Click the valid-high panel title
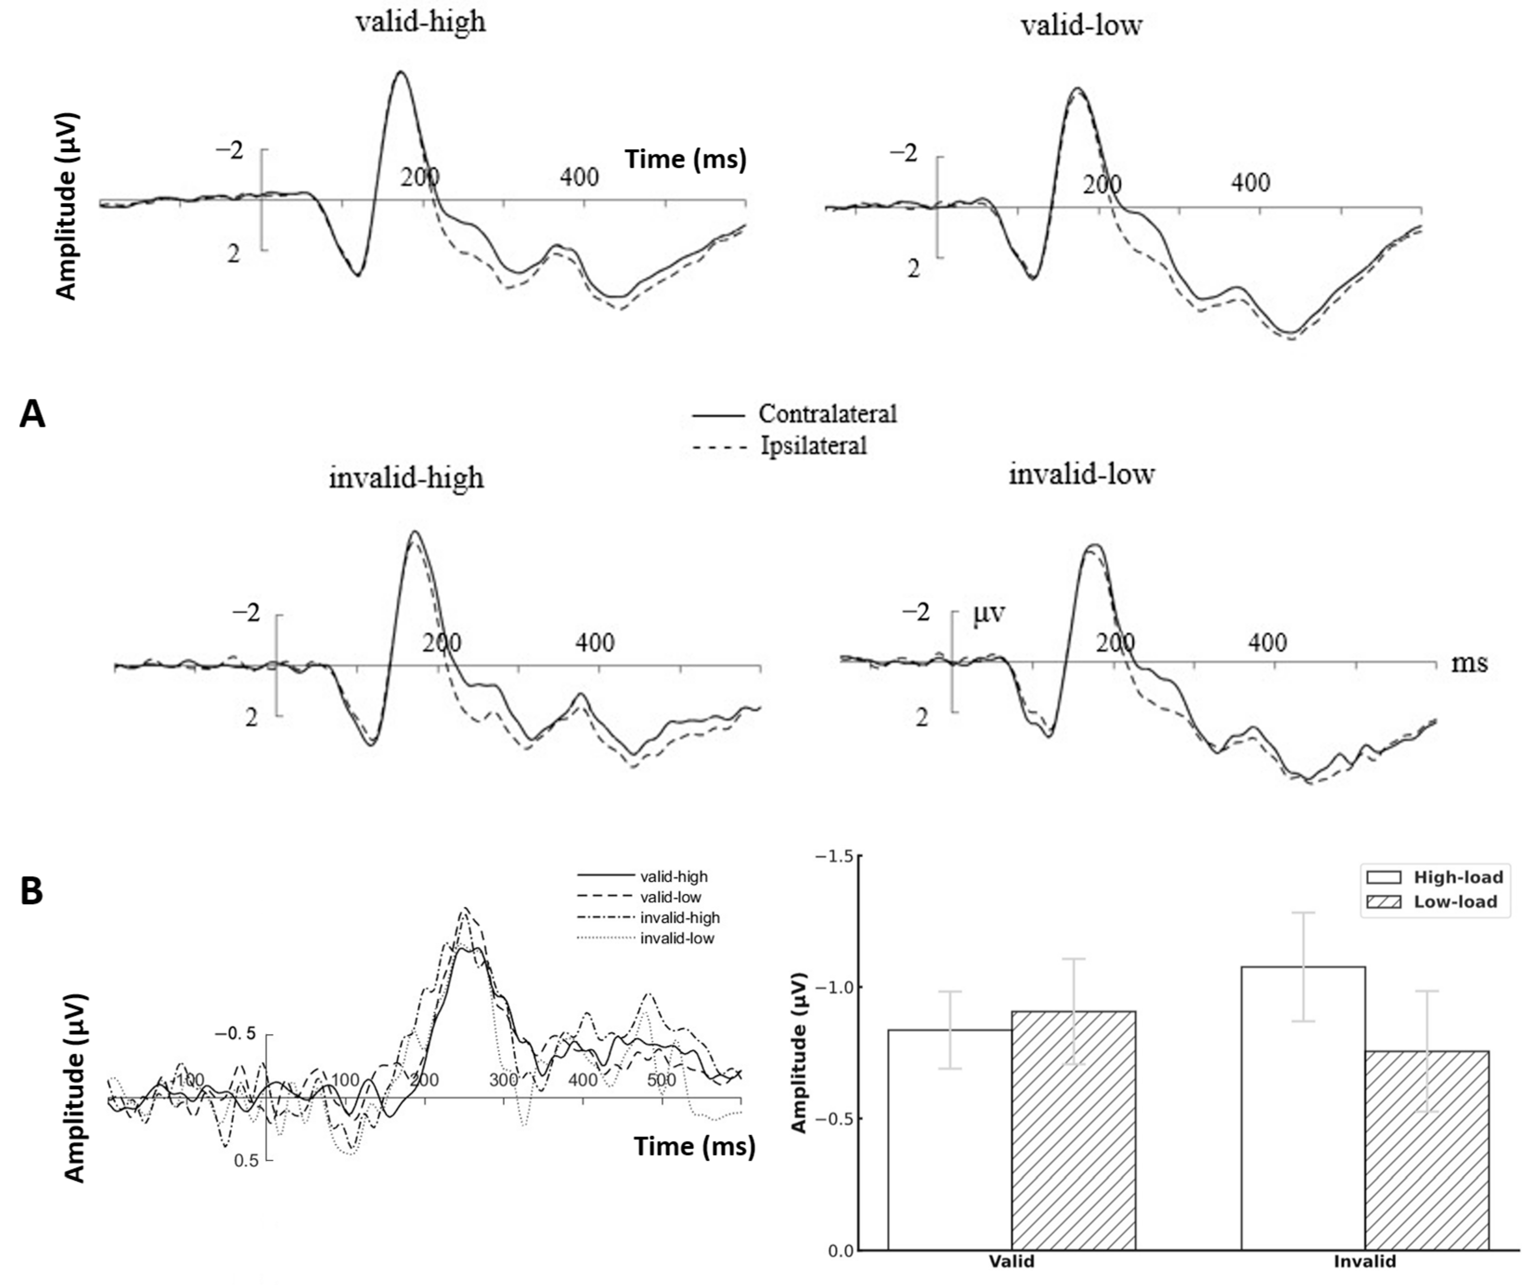point(420,22)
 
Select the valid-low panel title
point(1081,26)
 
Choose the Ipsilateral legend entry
point(813,445)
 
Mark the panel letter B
point(32,892)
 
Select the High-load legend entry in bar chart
point(1457,877)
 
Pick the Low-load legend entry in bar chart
point(1455,902)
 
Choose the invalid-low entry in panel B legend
point(677,939)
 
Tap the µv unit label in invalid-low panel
point(989,613)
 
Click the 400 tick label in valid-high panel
point(579,177)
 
